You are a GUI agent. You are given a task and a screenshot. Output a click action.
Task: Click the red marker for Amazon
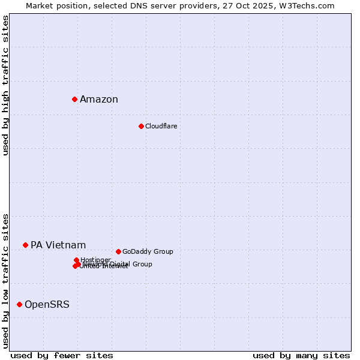(x=74, y=99)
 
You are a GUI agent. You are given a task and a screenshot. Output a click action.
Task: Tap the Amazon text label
(x=99, y=100)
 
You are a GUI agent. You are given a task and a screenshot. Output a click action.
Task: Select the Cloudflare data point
(x=141, y=126)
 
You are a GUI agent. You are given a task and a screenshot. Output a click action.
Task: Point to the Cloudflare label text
(x=161, y=126)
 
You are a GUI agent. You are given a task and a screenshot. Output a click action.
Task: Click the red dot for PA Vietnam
(x=25, y=245)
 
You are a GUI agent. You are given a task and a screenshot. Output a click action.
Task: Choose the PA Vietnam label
(x=58, y=245)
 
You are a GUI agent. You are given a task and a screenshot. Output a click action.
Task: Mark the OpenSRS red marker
(x=19, y=304)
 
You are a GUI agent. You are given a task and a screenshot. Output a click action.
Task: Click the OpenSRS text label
(x=47, y=305)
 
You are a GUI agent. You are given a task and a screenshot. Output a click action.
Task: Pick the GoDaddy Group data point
(x=118, y=251)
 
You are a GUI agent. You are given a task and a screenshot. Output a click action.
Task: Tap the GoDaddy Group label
(x=148, y=251)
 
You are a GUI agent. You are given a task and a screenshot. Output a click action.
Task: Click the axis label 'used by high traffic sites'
(x=5, y=85)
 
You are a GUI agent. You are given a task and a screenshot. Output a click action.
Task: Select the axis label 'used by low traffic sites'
(x=5, y=281)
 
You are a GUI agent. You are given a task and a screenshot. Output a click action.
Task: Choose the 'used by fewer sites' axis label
(x=62, y=355)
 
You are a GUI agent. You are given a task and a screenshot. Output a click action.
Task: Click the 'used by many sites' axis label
(x=301, y=355)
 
